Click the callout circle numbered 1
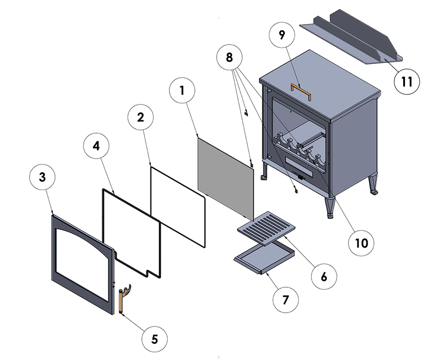point(182,90)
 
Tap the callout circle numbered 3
point(42,178)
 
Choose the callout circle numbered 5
point(154,339)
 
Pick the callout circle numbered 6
point(324,276)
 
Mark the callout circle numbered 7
point(285,300)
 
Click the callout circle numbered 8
point(229,57)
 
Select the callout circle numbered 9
point(282,35)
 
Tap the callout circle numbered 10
point(362,243)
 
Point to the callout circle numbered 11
point(407,82)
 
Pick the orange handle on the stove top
point(301,90)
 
